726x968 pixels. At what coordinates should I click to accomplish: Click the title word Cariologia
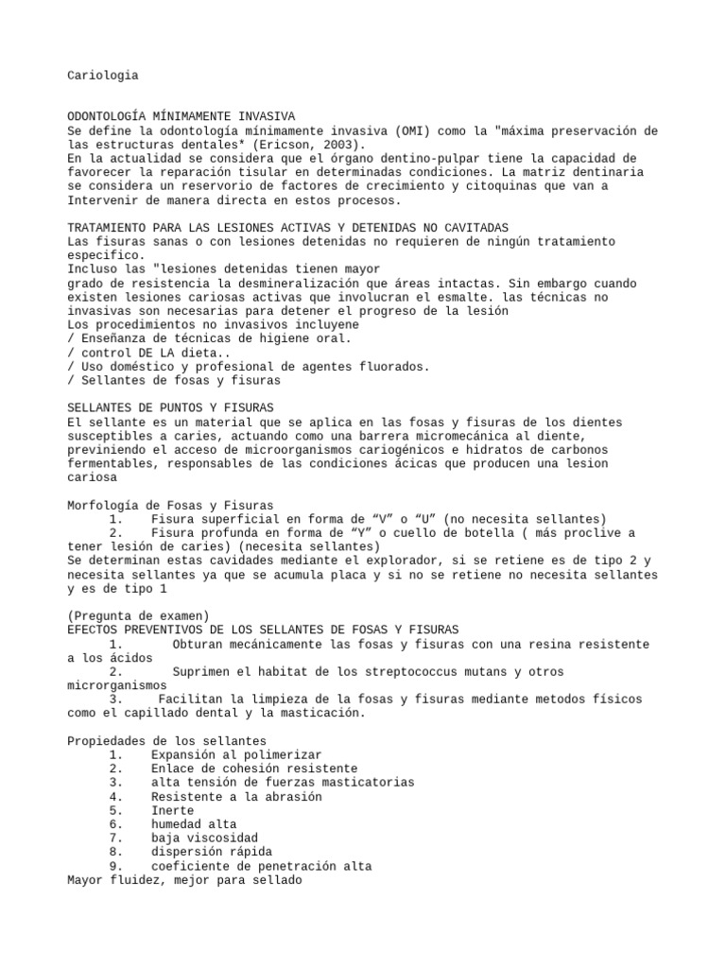(x=103, y=75)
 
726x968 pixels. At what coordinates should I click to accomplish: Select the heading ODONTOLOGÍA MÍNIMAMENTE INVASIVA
(x=181, y=116)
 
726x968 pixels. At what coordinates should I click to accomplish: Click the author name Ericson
(x=292, y=145)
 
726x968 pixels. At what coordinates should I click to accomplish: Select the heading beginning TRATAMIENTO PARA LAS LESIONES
(x=288, y=228)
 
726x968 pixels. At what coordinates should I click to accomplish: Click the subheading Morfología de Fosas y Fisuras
(x=170, y=506)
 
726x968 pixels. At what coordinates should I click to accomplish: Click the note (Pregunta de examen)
(x=139, y=616)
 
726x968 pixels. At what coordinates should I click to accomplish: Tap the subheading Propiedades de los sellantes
(x=167, y=740)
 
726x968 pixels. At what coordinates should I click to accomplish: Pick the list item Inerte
(x=172, y=810)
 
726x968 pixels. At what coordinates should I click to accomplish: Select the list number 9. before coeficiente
(x=115, y=866)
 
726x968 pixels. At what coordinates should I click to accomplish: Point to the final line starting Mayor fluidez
(x=184, y=880)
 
